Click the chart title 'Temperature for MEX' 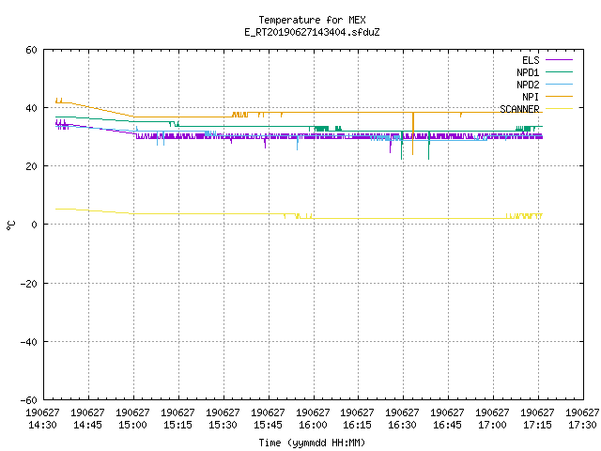312,20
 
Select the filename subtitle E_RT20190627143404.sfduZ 312,32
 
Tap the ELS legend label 531,60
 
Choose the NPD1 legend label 528,72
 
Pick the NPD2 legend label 528,85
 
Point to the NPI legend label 531,97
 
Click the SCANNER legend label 519,109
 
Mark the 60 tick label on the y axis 31,50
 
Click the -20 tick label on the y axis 29,284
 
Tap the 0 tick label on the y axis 35,225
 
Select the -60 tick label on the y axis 29,400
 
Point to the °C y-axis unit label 10,225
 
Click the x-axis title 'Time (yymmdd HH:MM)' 312,443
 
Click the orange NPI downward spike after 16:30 413,133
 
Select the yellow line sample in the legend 559,109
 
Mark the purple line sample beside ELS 559,60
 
